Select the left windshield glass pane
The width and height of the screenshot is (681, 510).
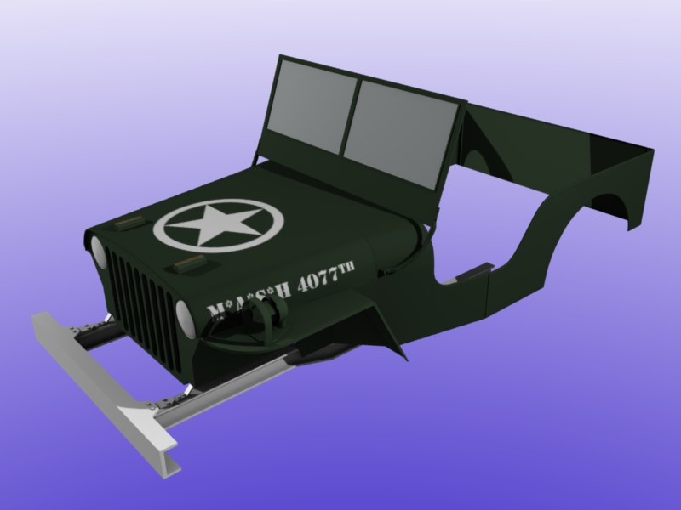(x=312, y=105)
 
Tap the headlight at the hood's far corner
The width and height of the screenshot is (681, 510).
(x=97, y=252)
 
